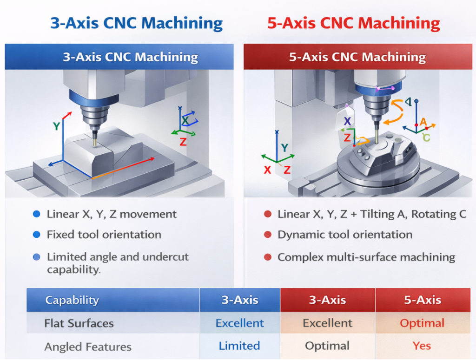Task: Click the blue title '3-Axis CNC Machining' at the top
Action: coord(135,23)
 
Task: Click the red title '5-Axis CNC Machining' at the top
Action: coord(353,23)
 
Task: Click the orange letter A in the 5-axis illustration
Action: coord(423,122)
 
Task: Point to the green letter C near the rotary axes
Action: coord(426,137)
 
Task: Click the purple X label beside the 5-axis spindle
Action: coord(347,121)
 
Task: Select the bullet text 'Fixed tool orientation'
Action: coord(104,235)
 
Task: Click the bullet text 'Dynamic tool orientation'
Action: coord(344,235)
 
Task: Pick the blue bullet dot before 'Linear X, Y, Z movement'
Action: coord(37,214)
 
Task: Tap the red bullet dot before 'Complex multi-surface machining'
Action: coord(267,257)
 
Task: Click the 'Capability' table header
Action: coord(72,300)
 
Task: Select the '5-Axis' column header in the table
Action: coord(422,300)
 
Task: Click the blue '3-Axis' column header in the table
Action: coord(239,300)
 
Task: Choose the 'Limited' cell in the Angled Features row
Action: coord(239,346)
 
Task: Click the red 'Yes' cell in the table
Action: coord(422,346)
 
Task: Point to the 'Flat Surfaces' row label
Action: coord(79,323)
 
